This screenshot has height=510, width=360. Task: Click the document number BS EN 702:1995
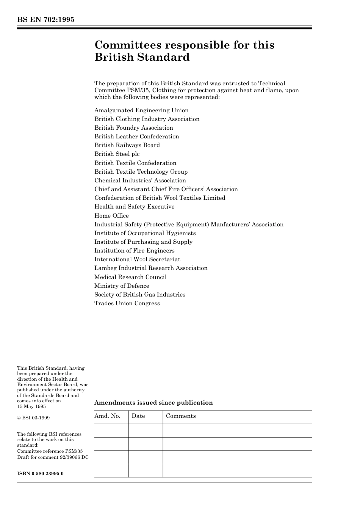[45, 20]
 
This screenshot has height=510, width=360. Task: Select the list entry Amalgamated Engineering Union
[141, 110]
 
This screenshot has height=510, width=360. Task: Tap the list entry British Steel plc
[117, 154]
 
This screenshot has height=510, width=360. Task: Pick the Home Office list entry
[111, 216]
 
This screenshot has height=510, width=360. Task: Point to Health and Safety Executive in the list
[134, 207]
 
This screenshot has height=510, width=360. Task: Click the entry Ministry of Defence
[122, 286]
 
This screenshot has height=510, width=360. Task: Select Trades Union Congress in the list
[127, 303]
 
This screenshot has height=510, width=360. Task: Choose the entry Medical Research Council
[130, 277]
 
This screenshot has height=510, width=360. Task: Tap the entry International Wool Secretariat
[137, 259]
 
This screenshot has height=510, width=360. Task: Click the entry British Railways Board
[127, 145]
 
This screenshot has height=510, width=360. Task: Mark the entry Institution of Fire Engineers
[134, 251]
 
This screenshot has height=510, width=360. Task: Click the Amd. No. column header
[107, 416]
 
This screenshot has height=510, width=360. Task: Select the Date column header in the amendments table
[138, 416]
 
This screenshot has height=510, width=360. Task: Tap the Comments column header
[181, 416]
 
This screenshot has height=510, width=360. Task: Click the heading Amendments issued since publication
[153, 403]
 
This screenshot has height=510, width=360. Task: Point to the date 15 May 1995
[31, 406]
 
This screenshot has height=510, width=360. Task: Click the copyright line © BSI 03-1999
[33, 418]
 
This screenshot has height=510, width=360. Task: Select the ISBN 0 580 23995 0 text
[40, 474]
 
